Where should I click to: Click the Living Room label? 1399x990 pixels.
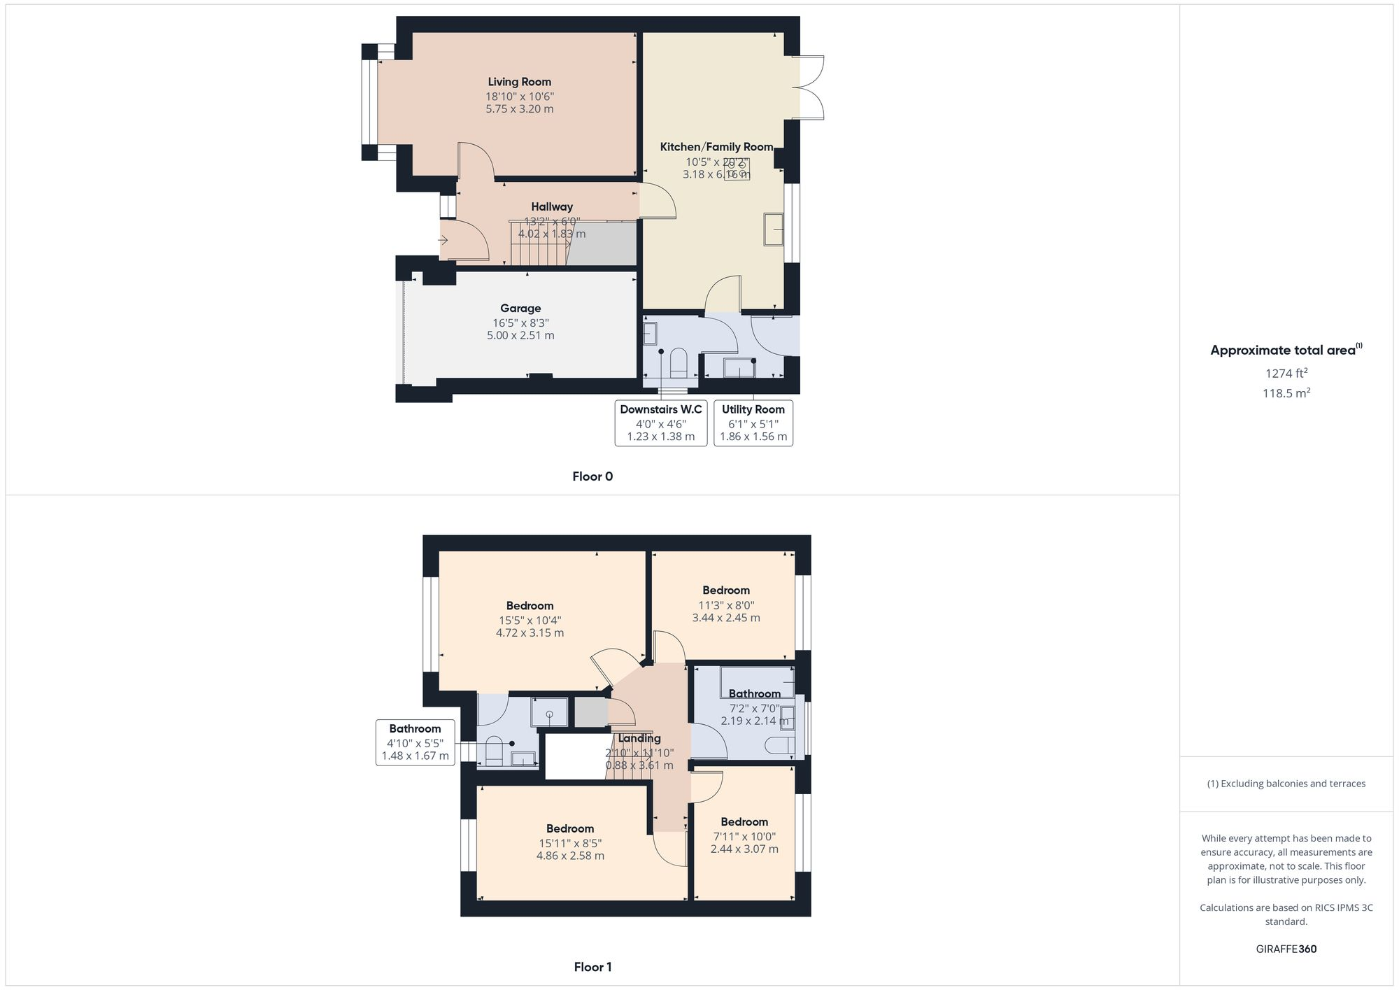point(519,82)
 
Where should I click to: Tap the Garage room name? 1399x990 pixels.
point(520,308)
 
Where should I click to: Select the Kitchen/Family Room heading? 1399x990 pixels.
point(716,147)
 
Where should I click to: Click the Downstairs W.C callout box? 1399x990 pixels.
point(661,423)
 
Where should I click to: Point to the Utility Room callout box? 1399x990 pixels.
point(753,423)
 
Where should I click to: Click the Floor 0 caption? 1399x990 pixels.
point(592,476)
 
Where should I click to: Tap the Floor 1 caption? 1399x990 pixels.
point(592,967)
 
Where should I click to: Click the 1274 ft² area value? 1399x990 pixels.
point(1286,373)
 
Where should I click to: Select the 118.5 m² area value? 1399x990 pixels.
point(1286,393)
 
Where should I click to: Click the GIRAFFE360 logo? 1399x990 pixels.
point(1286,949)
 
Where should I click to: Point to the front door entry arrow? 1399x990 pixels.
point(443,241)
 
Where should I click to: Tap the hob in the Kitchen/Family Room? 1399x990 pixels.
point(737,169)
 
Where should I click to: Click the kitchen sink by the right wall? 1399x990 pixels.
point(773,229)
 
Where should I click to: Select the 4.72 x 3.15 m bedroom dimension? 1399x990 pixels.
point(530,633)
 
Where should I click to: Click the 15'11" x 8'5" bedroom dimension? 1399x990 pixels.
point(570,843)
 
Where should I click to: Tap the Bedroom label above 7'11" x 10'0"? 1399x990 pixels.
point(744,822)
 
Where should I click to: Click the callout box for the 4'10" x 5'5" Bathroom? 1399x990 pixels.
point(415,742)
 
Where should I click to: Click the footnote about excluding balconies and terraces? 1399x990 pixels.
point(1286,784)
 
